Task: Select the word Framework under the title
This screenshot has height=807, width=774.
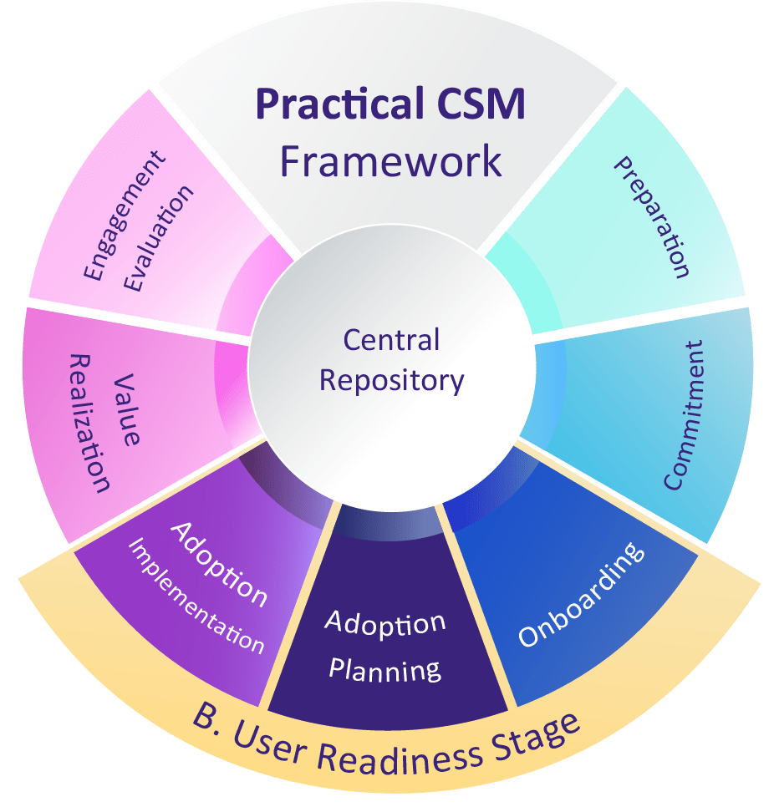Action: [391, 160]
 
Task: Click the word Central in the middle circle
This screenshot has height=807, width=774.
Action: [391, 340]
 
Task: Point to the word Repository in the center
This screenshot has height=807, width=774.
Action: [391, 380]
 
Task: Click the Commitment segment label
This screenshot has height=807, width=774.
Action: [685, 415]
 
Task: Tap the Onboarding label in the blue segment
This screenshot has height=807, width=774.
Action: [582, 595]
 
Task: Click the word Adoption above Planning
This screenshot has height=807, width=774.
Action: [385, 623]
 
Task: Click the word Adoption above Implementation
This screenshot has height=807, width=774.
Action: [219, 564]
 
